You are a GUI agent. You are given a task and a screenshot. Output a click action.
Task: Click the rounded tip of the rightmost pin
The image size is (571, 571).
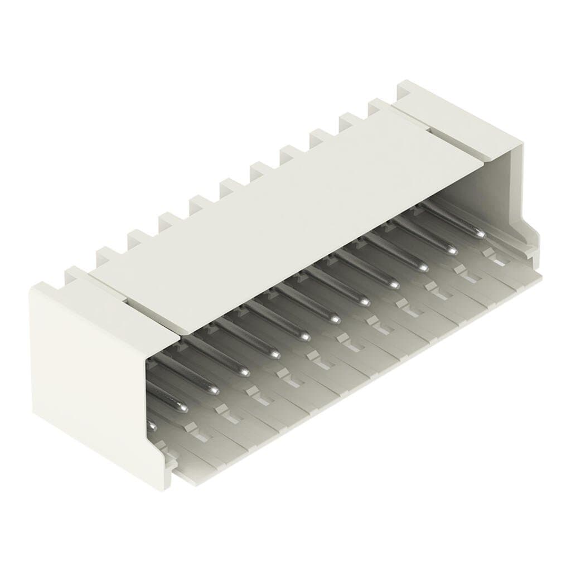[x=480, y=234]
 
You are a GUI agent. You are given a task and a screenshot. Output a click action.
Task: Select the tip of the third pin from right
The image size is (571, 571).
[x=422, y=268]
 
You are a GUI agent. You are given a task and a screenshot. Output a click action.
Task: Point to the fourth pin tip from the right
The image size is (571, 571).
[x=394, y=284]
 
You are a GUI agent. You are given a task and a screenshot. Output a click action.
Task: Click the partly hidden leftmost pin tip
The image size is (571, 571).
[x=151, y=427]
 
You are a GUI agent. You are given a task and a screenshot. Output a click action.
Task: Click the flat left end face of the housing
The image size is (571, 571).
[x=84, y=379]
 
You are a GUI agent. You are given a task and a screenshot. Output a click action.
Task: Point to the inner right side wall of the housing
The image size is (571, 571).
[x=510, y=190]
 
